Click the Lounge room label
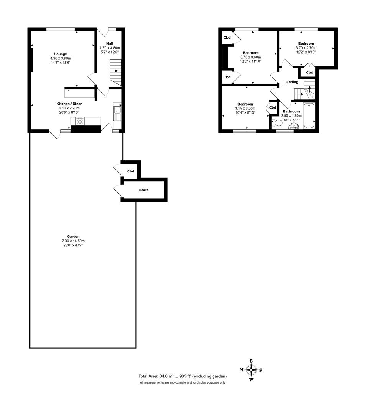point(61,54)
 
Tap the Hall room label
point(109,43)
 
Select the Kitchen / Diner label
point(69,104)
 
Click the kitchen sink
point(117,112)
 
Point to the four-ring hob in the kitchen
point(80,122)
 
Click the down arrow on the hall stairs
point(116,70)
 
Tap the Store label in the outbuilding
point(144,190)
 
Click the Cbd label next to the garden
point(131,171)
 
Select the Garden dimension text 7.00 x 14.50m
point(73,241)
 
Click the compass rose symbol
point(251,370)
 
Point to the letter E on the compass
point(251,361)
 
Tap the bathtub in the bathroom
point(309,116)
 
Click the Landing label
point(291,82)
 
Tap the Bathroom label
point(291,111)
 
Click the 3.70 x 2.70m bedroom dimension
point(306,48)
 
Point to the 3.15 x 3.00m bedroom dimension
point(245,109)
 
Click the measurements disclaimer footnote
point(182,382)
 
